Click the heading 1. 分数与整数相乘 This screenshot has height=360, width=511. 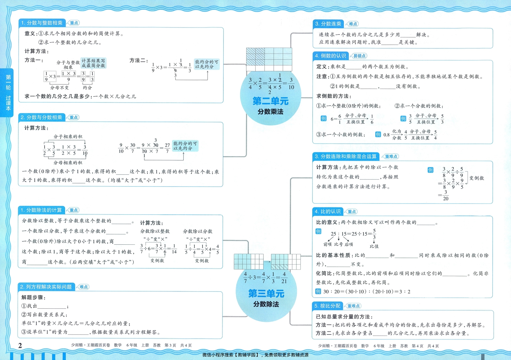click(42, 23)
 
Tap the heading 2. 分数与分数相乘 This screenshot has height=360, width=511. click(42, 117)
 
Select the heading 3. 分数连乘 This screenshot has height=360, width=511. click(328, 24)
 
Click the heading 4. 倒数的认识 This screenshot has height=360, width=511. click(330, 56)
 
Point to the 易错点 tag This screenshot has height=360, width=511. click(359, 56)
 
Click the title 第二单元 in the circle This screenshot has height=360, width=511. click(270, 101)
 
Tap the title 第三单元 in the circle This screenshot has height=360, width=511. click(266, 293)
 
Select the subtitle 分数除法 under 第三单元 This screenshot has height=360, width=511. click(266, 304)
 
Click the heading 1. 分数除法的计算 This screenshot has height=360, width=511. click(41, 210)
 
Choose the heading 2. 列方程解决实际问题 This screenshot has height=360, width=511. click(46, 287)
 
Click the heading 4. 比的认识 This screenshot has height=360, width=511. click(328, 212)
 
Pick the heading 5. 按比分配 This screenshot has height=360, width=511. click(327, 306)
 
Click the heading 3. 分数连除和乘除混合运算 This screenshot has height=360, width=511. click(346, 156)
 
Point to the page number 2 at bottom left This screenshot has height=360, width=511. click(20, 345)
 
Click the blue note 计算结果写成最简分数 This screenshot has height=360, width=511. click(94, 63)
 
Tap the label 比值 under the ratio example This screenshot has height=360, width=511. click(374, 246)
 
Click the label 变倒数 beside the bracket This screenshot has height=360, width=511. click(476, 178)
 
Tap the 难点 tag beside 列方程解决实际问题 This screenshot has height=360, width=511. click(84, 287)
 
